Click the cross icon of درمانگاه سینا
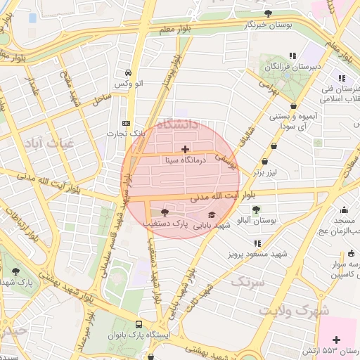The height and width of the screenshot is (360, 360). pyautogui.click(x=185, y=149)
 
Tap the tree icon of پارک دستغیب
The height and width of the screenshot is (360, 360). pyautogui.click(x=165, y=212)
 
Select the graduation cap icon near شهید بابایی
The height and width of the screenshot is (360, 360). pyautogui.click(x=212, y=214)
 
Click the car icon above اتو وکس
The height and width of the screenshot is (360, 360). pyautogui.click(x=128, y=73)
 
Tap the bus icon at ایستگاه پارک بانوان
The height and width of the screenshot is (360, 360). pyautogui.click(x=139, y=326)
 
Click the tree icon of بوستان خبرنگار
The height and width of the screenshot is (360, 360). pyautogui.click(x=267, y=13)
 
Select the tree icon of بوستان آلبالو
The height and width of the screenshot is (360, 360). pyautogui.click(x=256, y=209)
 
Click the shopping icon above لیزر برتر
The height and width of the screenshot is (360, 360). pyautogui.click(x=273, y=146)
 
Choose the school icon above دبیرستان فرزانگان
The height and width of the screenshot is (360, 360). pyautogui.click(x=292, y=56)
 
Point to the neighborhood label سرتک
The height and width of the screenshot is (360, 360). pyautogui.click(x=245, y=283)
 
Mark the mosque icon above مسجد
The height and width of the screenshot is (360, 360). pyautogui.click(x=343, y=209)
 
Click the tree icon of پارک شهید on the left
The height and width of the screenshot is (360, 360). pyautogui.click(x=15, y=271)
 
